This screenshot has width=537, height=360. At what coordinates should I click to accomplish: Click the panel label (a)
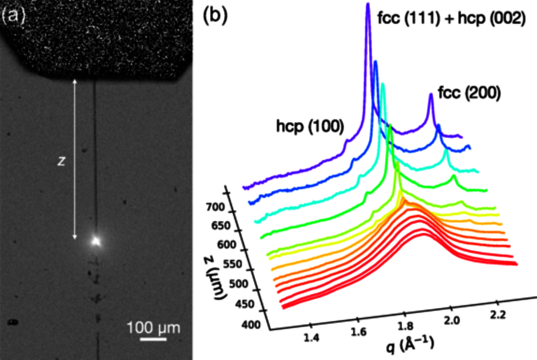coord(14,16)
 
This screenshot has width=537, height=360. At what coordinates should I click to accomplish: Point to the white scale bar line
coord(153,340)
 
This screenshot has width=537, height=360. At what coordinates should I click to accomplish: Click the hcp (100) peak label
coord(310,126)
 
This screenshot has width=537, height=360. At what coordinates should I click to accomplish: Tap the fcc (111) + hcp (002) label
coord(450,19)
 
